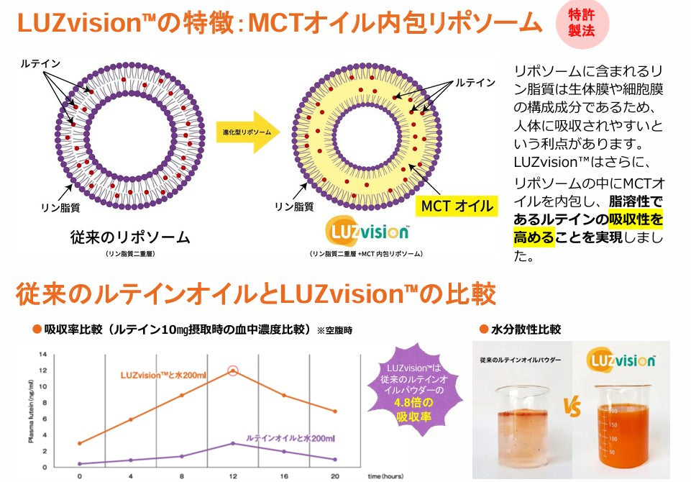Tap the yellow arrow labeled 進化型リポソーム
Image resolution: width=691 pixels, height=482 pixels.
(247, 132)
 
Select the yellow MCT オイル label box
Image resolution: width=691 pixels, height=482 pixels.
(457, 206)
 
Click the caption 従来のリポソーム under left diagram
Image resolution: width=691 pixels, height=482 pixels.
(130, 237)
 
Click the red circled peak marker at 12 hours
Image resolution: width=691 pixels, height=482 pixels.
(232, 370)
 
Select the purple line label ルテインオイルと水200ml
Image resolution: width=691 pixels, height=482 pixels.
(290, 437)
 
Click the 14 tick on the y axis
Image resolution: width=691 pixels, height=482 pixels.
(42, 354)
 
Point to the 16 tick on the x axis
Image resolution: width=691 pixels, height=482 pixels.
(283, 476)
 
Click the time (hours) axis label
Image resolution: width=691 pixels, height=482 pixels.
(387, 476)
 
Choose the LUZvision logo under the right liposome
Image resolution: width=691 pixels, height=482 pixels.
(367, 232)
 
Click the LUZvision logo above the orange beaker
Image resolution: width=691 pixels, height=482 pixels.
(621, 360)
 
